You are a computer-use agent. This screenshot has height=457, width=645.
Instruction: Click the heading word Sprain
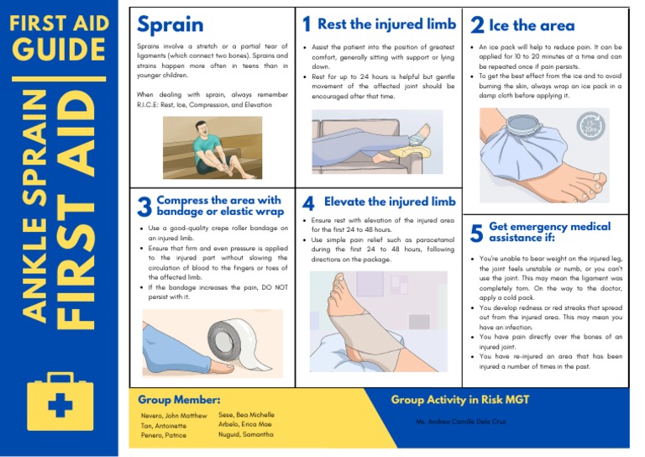point(170,25)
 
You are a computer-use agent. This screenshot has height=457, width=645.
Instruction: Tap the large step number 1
point(307,25)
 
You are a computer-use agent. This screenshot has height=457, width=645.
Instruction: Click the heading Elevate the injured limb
point(390,202)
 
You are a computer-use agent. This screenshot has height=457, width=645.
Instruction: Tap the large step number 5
point(476,233)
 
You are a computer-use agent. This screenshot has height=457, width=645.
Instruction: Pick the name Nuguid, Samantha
point(246,434)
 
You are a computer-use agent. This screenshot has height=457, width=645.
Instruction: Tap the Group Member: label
point(179,400)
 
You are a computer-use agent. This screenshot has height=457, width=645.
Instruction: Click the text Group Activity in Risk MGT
point(460,400)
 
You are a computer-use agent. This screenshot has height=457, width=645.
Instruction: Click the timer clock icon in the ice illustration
point(592,126)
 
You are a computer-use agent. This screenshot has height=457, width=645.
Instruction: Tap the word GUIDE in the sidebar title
point(59,50)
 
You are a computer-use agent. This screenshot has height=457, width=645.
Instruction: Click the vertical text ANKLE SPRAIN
point(34,206)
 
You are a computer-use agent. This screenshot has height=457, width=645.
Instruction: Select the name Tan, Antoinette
point(163,425)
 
